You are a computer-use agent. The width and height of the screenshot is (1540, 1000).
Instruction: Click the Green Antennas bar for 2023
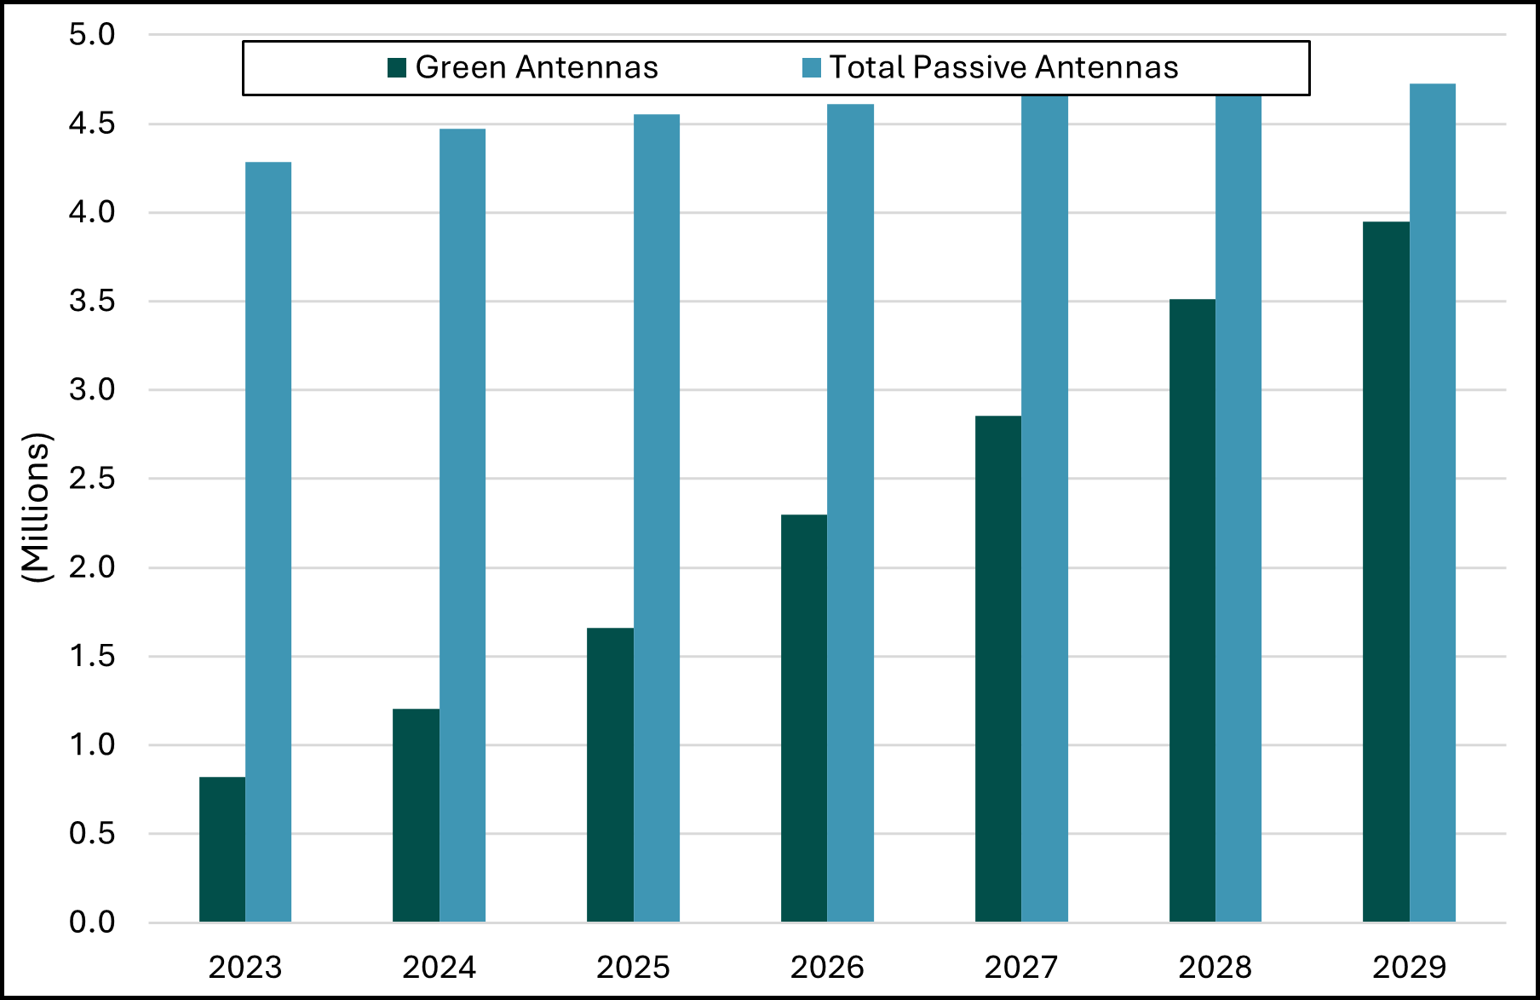coord(222,849)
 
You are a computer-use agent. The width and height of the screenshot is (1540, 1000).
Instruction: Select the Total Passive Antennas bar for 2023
coord(268,542)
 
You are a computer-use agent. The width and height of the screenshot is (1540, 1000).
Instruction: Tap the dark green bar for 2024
coord(416,815)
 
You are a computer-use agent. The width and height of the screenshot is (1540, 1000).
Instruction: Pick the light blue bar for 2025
coord(657,518)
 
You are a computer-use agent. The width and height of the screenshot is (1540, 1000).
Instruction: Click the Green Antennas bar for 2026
coord(804,718)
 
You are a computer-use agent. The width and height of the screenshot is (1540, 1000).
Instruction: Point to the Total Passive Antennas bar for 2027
coord(1044,509)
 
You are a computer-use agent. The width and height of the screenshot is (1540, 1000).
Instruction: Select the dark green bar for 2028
coord(1192,610)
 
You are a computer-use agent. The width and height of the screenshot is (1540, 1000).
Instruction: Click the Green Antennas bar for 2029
coord(1386,572)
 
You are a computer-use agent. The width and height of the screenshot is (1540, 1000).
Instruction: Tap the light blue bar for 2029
coord(1433,503)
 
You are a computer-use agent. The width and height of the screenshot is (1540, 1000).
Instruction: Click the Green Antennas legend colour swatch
coord(397,67)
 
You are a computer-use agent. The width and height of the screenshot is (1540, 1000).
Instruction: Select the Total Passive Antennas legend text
coord(1003,67)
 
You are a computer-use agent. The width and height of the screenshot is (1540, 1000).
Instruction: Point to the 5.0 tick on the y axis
coord(92,35)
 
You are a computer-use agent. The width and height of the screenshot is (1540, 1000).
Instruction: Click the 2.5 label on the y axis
coord(92,479)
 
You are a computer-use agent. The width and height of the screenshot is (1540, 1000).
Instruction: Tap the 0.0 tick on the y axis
coord(92,922)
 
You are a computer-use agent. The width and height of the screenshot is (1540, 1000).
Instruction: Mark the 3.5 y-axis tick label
coord(92,301)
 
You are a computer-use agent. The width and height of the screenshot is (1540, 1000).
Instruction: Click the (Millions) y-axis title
coord(37,508)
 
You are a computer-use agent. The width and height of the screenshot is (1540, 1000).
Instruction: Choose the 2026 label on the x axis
coord(827,968)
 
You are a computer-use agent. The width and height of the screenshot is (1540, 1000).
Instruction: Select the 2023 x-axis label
coord(245,968)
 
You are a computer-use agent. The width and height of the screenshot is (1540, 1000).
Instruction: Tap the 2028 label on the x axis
coord(1215,968)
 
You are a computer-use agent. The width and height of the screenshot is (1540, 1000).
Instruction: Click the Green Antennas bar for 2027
coord(998,669)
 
